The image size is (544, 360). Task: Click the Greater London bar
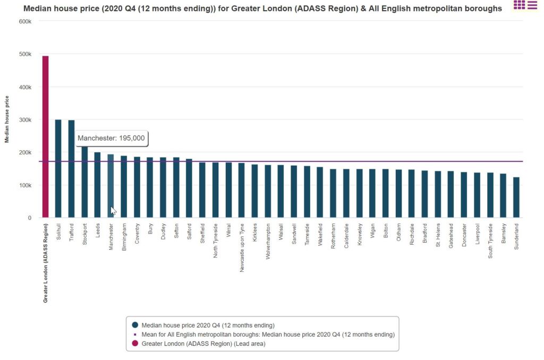coord(45,137)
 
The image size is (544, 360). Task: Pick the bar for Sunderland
coord(516,198)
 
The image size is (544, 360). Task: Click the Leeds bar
coord(97,185)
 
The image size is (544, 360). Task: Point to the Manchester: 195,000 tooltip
coord(112,138)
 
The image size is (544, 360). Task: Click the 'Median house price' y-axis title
coord(7,119)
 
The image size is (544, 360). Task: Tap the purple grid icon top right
coord(519,5)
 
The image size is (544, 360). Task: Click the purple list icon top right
coord(532,5)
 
